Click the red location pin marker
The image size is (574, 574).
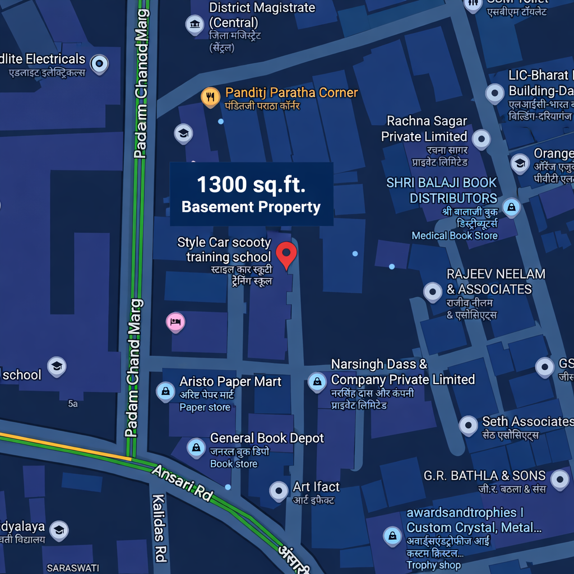tap(287, 254)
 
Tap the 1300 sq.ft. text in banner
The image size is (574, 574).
tap(251, 184)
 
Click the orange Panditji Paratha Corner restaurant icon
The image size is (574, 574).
tap(210, 96)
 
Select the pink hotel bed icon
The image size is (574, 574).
tap(175, 322)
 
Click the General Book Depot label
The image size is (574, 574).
tap(267, 438)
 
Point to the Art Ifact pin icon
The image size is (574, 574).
tap(279, 490)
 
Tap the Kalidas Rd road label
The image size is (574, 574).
tap(160, 527)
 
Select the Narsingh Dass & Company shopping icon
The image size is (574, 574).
tap(317, 382)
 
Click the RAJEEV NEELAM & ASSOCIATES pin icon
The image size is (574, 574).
tap(432, 291)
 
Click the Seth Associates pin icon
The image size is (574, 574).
tap(468, 425)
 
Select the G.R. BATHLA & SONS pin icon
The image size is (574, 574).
tap(559, 479)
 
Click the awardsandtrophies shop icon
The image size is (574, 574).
tap(392, 535)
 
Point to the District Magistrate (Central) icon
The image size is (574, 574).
tap(195, 24)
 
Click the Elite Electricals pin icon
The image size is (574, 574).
tap(99, 63)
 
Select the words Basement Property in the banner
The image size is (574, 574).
tap(251, 207)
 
